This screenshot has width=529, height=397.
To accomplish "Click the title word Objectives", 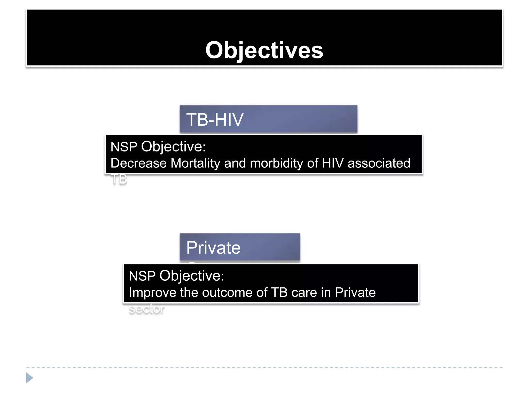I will tap(264, 50).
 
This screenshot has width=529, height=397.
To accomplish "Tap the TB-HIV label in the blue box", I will tap(215, 120).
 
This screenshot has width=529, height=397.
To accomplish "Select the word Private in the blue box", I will tap(213, 248).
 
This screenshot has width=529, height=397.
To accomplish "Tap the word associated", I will tap(379, 163).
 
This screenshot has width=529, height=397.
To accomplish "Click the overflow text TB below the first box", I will tap(119, 179).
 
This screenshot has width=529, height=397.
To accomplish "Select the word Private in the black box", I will tap(355, 293).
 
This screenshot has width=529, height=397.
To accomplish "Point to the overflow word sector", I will tap(146, 309).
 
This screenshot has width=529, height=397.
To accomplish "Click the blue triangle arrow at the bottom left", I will tap(29, 378).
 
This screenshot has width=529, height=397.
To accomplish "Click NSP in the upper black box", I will tap(124, 147).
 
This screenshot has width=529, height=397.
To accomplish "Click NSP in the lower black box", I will tap(142, 276).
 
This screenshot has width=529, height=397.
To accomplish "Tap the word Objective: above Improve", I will tap(192, 276).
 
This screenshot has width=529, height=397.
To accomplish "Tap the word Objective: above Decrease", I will tap(173, 147).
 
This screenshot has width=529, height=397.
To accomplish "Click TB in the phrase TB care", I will tap(279, 293).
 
